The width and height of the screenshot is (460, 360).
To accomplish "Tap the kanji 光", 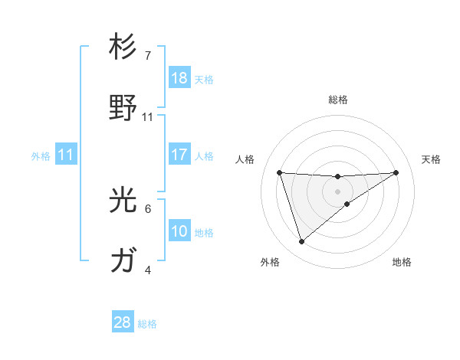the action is point(123,201).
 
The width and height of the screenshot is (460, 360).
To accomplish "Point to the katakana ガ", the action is point(123,262).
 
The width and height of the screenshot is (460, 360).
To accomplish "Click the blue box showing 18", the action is point(179,78).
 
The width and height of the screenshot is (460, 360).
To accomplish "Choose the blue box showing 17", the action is point(179,155).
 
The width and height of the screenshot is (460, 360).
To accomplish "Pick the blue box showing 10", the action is point(179,231).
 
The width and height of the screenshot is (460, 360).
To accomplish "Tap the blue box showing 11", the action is point(65,155).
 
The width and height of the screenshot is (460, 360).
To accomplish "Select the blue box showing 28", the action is point(123,322).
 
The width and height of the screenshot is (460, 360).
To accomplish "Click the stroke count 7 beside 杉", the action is point(148,56).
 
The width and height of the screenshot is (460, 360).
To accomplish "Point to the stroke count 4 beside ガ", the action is point(148,270).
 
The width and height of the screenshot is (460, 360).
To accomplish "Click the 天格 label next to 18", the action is point(203,79).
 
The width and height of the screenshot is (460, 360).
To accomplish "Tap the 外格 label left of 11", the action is point(41,155).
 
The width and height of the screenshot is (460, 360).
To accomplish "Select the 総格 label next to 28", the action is point(147,323).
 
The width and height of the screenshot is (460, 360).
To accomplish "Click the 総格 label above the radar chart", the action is point(338,100).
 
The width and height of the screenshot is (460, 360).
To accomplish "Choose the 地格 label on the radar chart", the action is point(402,262).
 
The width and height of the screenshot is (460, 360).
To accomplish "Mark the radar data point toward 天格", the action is point(396,172).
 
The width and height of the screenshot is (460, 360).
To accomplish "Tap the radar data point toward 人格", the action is point(280,172).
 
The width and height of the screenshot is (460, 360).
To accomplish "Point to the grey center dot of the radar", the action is point(338,191).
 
